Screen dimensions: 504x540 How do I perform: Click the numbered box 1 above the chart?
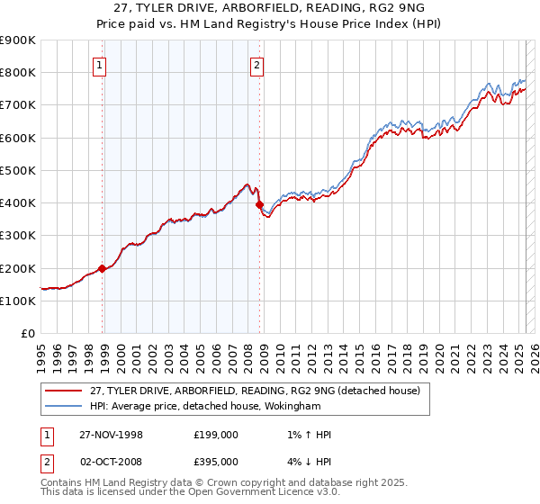click(x=98, y=64)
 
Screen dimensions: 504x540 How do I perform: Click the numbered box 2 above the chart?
click(x=256, y=64)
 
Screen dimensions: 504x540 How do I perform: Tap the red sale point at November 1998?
click(x=103, y=268)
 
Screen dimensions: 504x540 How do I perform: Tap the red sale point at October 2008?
click(x=260, y=205)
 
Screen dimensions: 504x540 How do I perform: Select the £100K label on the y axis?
click(x=18, y=301)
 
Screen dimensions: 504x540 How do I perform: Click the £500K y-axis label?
click(x=18, y=171)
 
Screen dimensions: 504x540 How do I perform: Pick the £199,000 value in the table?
click(x=216, y=434)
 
